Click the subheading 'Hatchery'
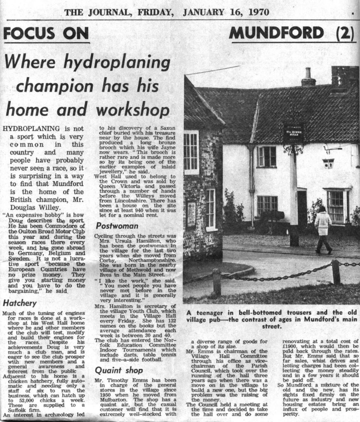pos(20,303)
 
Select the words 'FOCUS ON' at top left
pos(46,33)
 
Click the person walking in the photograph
pos(323,229)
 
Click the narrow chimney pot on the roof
pos(308,77)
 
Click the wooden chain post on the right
pos(336,272)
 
